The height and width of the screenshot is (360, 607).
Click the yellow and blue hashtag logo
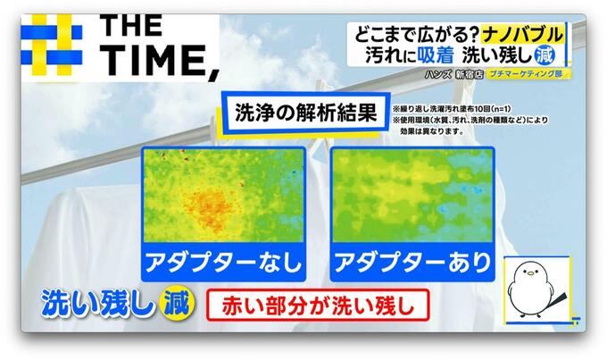52,45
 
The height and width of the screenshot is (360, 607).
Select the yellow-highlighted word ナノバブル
522,35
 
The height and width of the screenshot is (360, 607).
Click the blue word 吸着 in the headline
435,55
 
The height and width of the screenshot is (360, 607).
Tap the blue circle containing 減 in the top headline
545,55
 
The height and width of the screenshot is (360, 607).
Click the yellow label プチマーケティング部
526,73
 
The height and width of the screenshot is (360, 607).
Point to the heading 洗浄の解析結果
306,113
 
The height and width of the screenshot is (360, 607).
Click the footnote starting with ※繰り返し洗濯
451,109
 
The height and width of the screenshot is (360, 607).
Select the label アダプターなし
224,263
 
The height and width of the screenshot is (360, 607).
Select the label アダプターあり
412,263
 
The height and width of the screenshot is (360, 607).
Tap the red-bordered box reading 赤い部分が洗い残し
318,305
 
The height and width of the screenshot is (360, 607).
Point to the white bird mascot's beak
529,273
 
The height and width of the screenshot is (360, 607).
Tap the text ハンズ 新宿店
453,74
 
